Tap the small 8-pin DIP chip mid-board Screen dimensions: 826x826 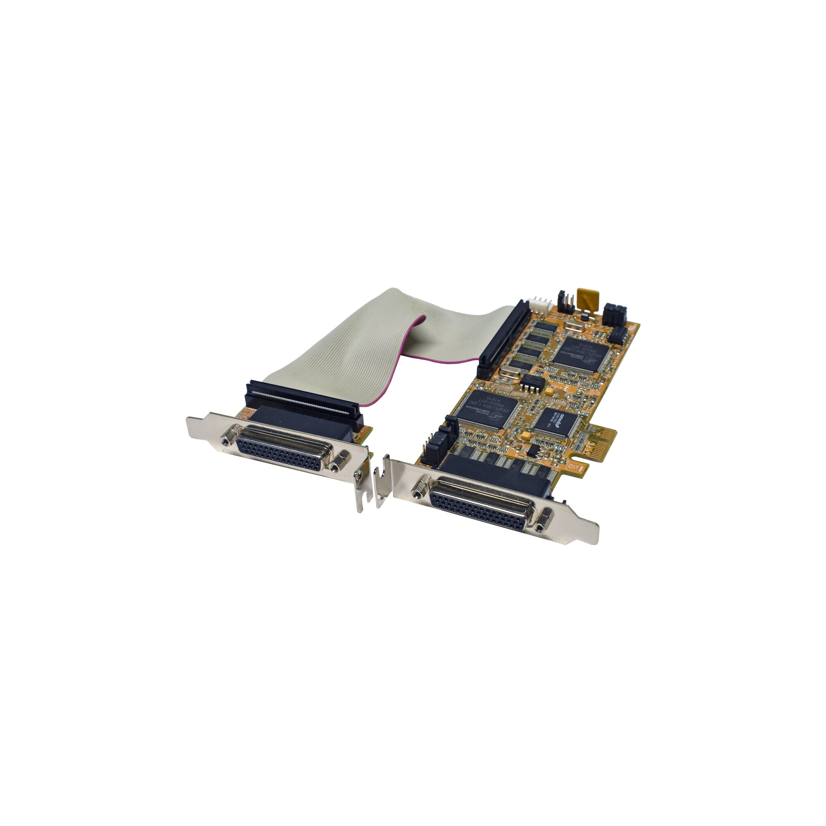[533, 383]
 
